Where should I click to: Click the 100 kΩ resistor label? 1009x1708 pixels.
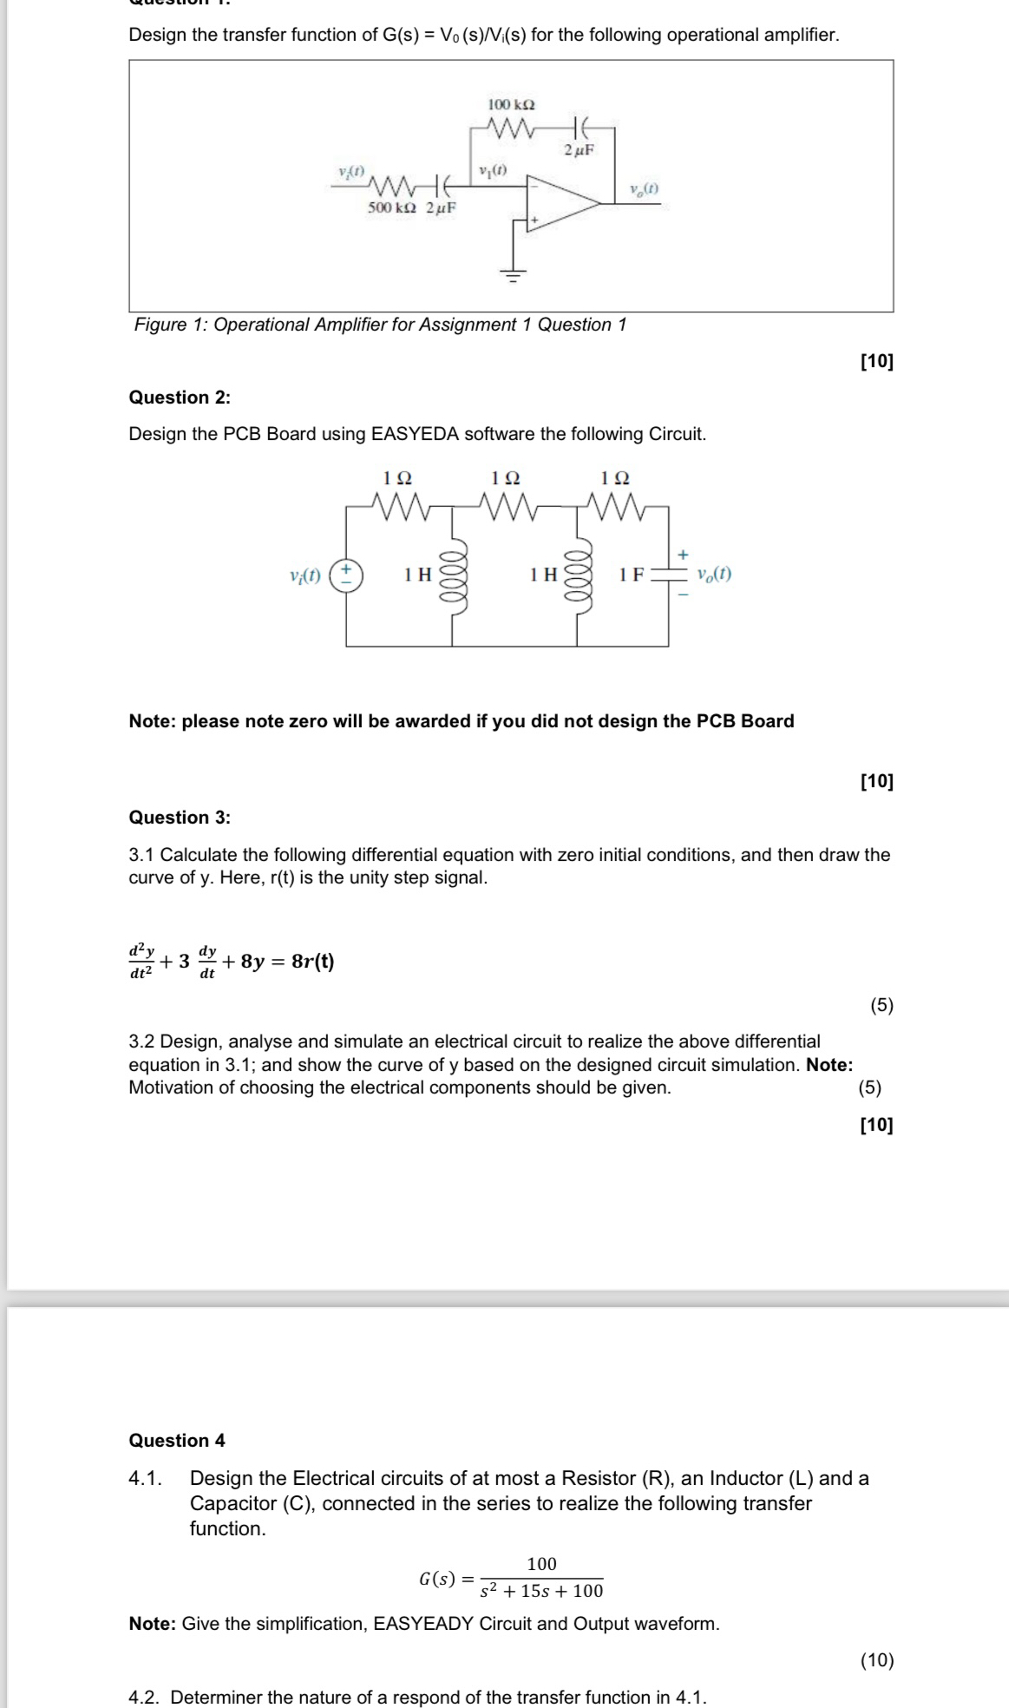[511, 104]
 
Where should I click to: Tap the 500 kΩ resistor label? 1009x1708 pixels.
[391, 208]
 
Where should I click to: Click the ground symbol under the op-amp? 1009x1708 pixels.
[514, 276]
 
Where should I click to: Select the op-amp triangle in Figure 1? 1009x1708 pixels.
[560, 205]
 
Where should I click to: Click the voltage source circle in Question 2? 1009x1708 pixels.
[346, 575]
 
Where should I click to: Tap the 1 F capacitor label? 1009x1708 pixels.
[631, 575]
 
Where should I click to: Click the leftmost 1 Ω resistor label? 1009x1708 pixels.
[397, 478]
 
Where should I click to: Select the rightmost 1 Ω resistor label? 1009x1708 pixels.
[615, 478]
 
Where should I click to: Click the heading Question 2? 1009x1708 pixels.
[180, 397]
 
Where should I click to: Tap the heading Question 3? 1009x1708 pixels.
[180, 818]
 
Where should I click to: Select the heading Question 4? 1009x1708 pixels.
[177, 1441]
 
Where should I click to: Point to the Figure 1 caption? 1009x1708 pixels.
[380, 325]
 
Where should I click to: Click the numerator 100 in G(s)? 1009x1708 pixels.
[541, 1564]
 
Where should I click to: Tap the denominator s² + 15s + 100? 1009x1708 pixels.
[541, 1591]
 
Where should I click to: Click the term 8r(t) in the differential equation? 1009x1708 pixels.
[312, 962]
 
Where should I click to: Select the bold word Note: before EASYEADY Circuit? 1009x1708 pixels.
[153, 1624]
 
